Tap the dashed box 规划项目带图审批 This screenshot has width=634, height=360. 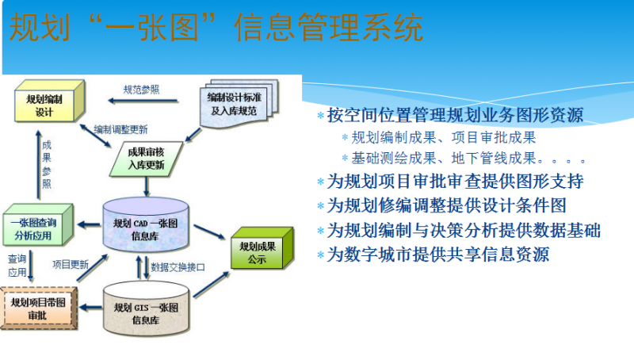click(x=39, y=308)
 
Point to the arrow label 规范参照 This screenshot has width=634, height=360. click(x=140, y=90)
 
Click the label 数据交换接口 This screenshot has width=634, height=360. click(x=178, y=266)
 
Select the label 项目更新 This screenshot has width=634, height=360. click(x=70, y=264)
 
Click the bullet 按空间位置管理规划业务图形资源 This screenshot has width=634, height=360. click(x=455, y=115)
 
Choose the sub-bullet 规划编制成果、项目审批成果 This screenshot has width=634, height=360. click(x=443, y=137)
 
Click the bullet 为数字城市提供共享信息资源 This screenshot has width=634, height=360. click(x=437, y=255)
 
